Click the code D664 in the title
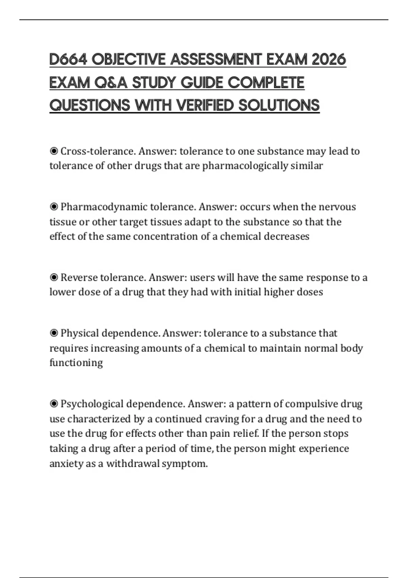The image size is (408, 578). pos(68,60)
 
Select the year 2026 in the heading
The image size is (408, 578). pos(328,60)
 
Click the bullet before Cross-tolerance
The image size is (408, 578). pos(54,151)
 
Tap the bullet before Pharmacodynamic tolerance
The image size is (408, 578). pos(54,207)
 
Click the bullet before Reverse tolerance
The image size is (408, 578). pos(54,277)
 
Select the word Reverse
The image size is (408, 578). pos(79,277)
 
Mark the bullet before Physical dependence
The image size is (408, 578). pos(54,333)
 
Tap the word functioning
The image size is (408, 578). pos(76,363)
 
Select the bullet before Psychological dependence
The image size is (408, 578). pos(54,404)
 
